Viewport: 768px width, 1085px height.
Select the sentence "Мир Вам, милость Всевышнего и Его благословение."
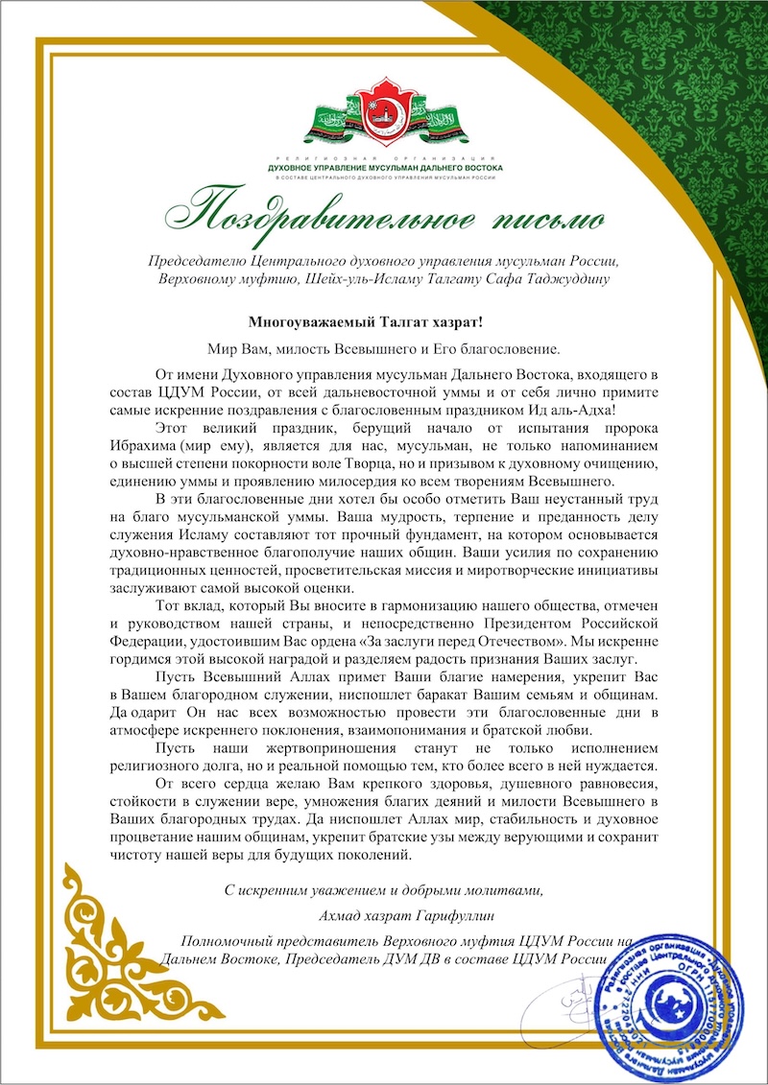[382, 347]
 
